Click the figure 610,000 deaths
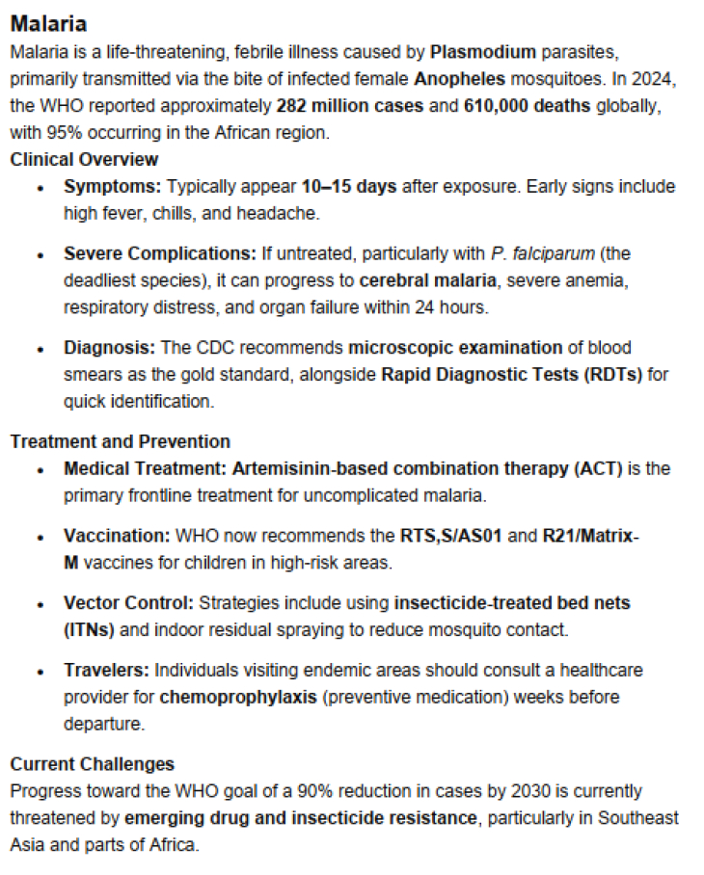[526, 105]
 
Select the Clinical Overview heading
[84, 159]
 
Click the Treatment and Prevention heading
[121, 441]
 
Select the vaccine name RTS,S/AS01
[450, 536]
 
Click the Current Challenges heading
[93, 763]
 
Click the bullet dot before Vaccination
[40, 537]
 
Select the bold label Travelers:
[107, 669]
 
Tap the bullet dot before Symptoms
[40, 187]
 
